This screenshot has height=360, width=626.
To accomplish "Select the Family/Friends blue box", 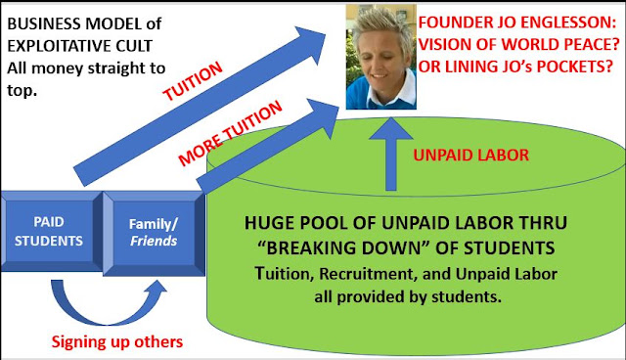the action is [x=155, y=234].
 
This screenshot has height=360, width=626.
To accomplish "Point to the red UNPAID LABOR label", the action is [x=471, y=155].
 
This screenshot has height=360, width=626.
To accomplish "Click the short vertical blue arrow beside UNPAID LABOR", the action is [x=391, y=154].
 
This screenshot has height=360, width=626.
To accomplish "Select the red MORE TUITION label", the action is [x=231, y=133].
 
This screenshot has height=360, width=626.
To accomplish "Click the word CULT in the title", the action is [x=134, y=46].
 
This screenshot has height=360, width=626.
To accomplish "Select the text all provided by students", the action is [x=408, y=297].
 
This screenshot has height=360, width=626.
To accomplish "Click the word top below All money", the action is [x=22, y=91].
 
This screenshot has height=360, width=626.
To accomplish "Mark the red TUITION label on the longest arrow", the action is [x=193, y=81].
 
